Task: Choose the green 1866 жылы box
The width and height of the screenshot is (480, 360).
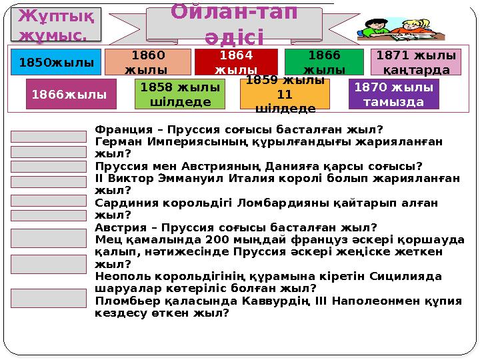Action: point(324,62)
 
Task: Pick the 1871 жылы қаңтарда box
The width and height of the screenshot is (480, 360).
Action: point(415,62)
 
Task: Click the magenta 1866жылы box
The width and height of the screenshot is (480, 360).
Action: point(70,94)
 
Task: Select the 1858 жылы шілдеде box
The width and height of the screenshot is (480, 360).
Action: point(179,94)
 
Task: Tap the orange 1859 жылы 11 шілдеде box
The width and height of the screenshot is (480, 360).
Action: point(285,94)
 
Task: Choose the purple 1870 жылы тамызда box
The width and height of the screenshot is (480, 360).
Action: point(394,94)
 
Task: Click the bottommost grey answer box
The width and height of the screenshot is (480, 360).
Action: point(49,298)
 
